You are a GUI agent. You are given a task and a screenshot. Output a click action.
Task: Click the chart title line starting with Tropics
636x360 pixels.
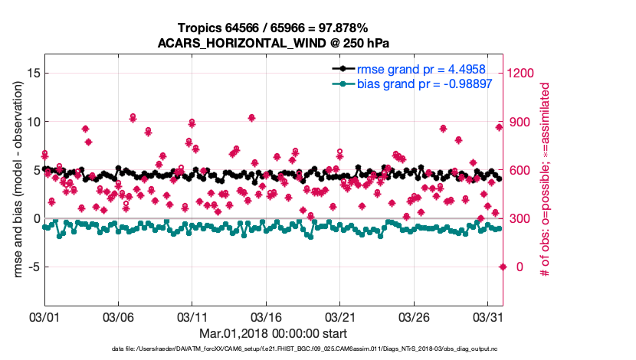[x=272, y=28]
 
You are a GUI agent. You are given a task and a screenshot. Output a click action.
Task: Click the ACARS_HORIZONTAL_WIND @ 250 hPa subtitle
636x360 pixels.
[x=272, y=43]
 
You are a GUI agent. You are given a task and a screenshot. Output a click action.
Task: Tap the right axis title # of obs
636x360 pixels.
[x=546, y=180]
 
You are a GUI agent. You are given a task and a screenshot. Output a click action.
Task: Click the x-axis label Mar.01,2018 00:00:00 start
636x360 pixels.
[x=272, y=333]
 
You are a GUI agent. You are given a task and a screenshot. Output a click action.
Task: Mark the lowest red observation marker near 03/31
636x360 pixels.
[x=503, y=267]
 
